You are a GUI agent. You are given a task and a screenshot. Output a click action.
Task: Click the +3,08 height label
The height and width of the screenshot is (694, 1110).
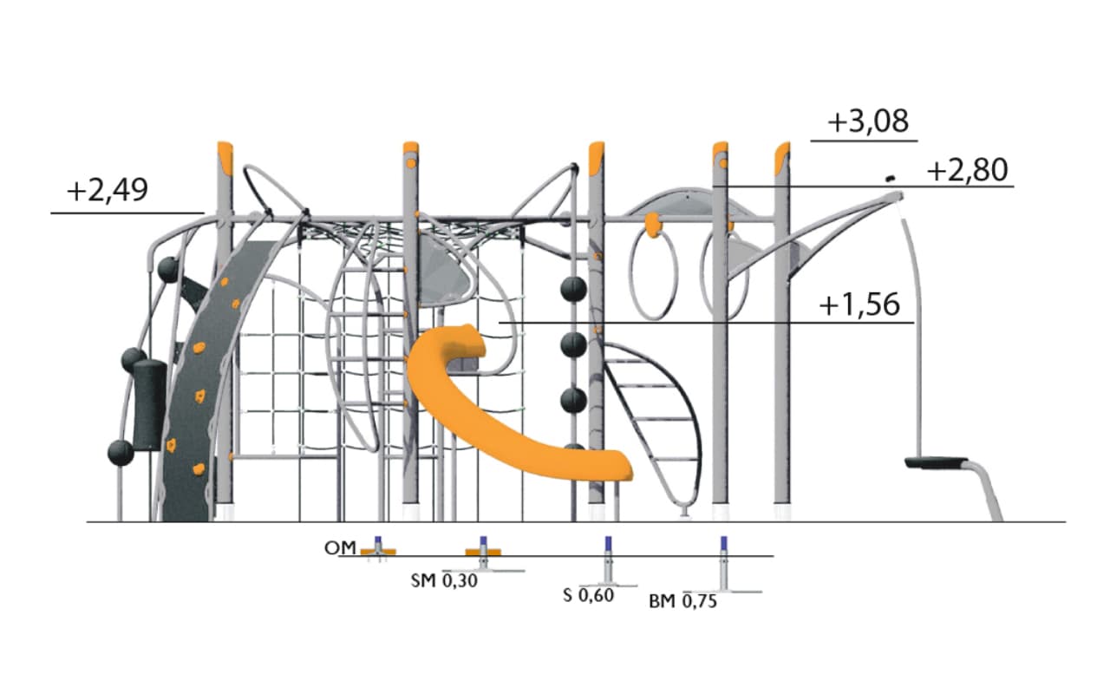868,121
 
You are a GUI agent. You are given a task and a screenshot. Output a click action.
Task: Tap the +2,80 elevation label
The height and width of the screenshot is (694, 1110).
967,170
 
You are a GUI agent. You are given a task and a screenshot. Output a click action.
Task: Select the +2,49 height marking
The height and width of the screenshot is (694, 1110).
108,190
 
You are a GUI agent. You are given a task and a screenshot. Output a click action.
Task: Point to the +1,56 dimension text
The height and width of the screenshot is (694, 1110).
859,304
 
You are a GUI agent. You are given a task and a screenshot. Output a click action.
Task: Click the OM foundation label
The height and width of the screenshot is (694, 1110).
340,547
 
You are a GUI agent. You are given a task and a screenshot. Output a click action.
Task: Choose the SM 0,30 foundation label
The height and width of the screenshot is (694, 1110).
444,580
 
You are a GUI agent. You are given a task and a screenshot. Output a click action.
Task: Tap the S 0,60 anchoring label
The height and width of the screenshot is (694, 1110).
588,595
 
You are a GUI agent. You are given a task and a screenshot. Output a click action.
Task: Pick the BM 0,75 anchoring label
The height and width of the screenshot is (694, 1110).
682,601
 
